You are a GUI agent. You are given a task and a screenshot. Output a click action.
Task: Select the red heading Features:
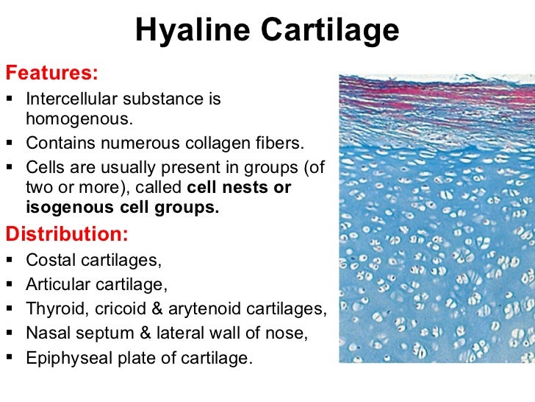coord(51,74)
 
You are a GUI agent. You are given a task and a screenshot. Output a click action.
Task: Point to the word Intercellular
coord(71,98)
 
